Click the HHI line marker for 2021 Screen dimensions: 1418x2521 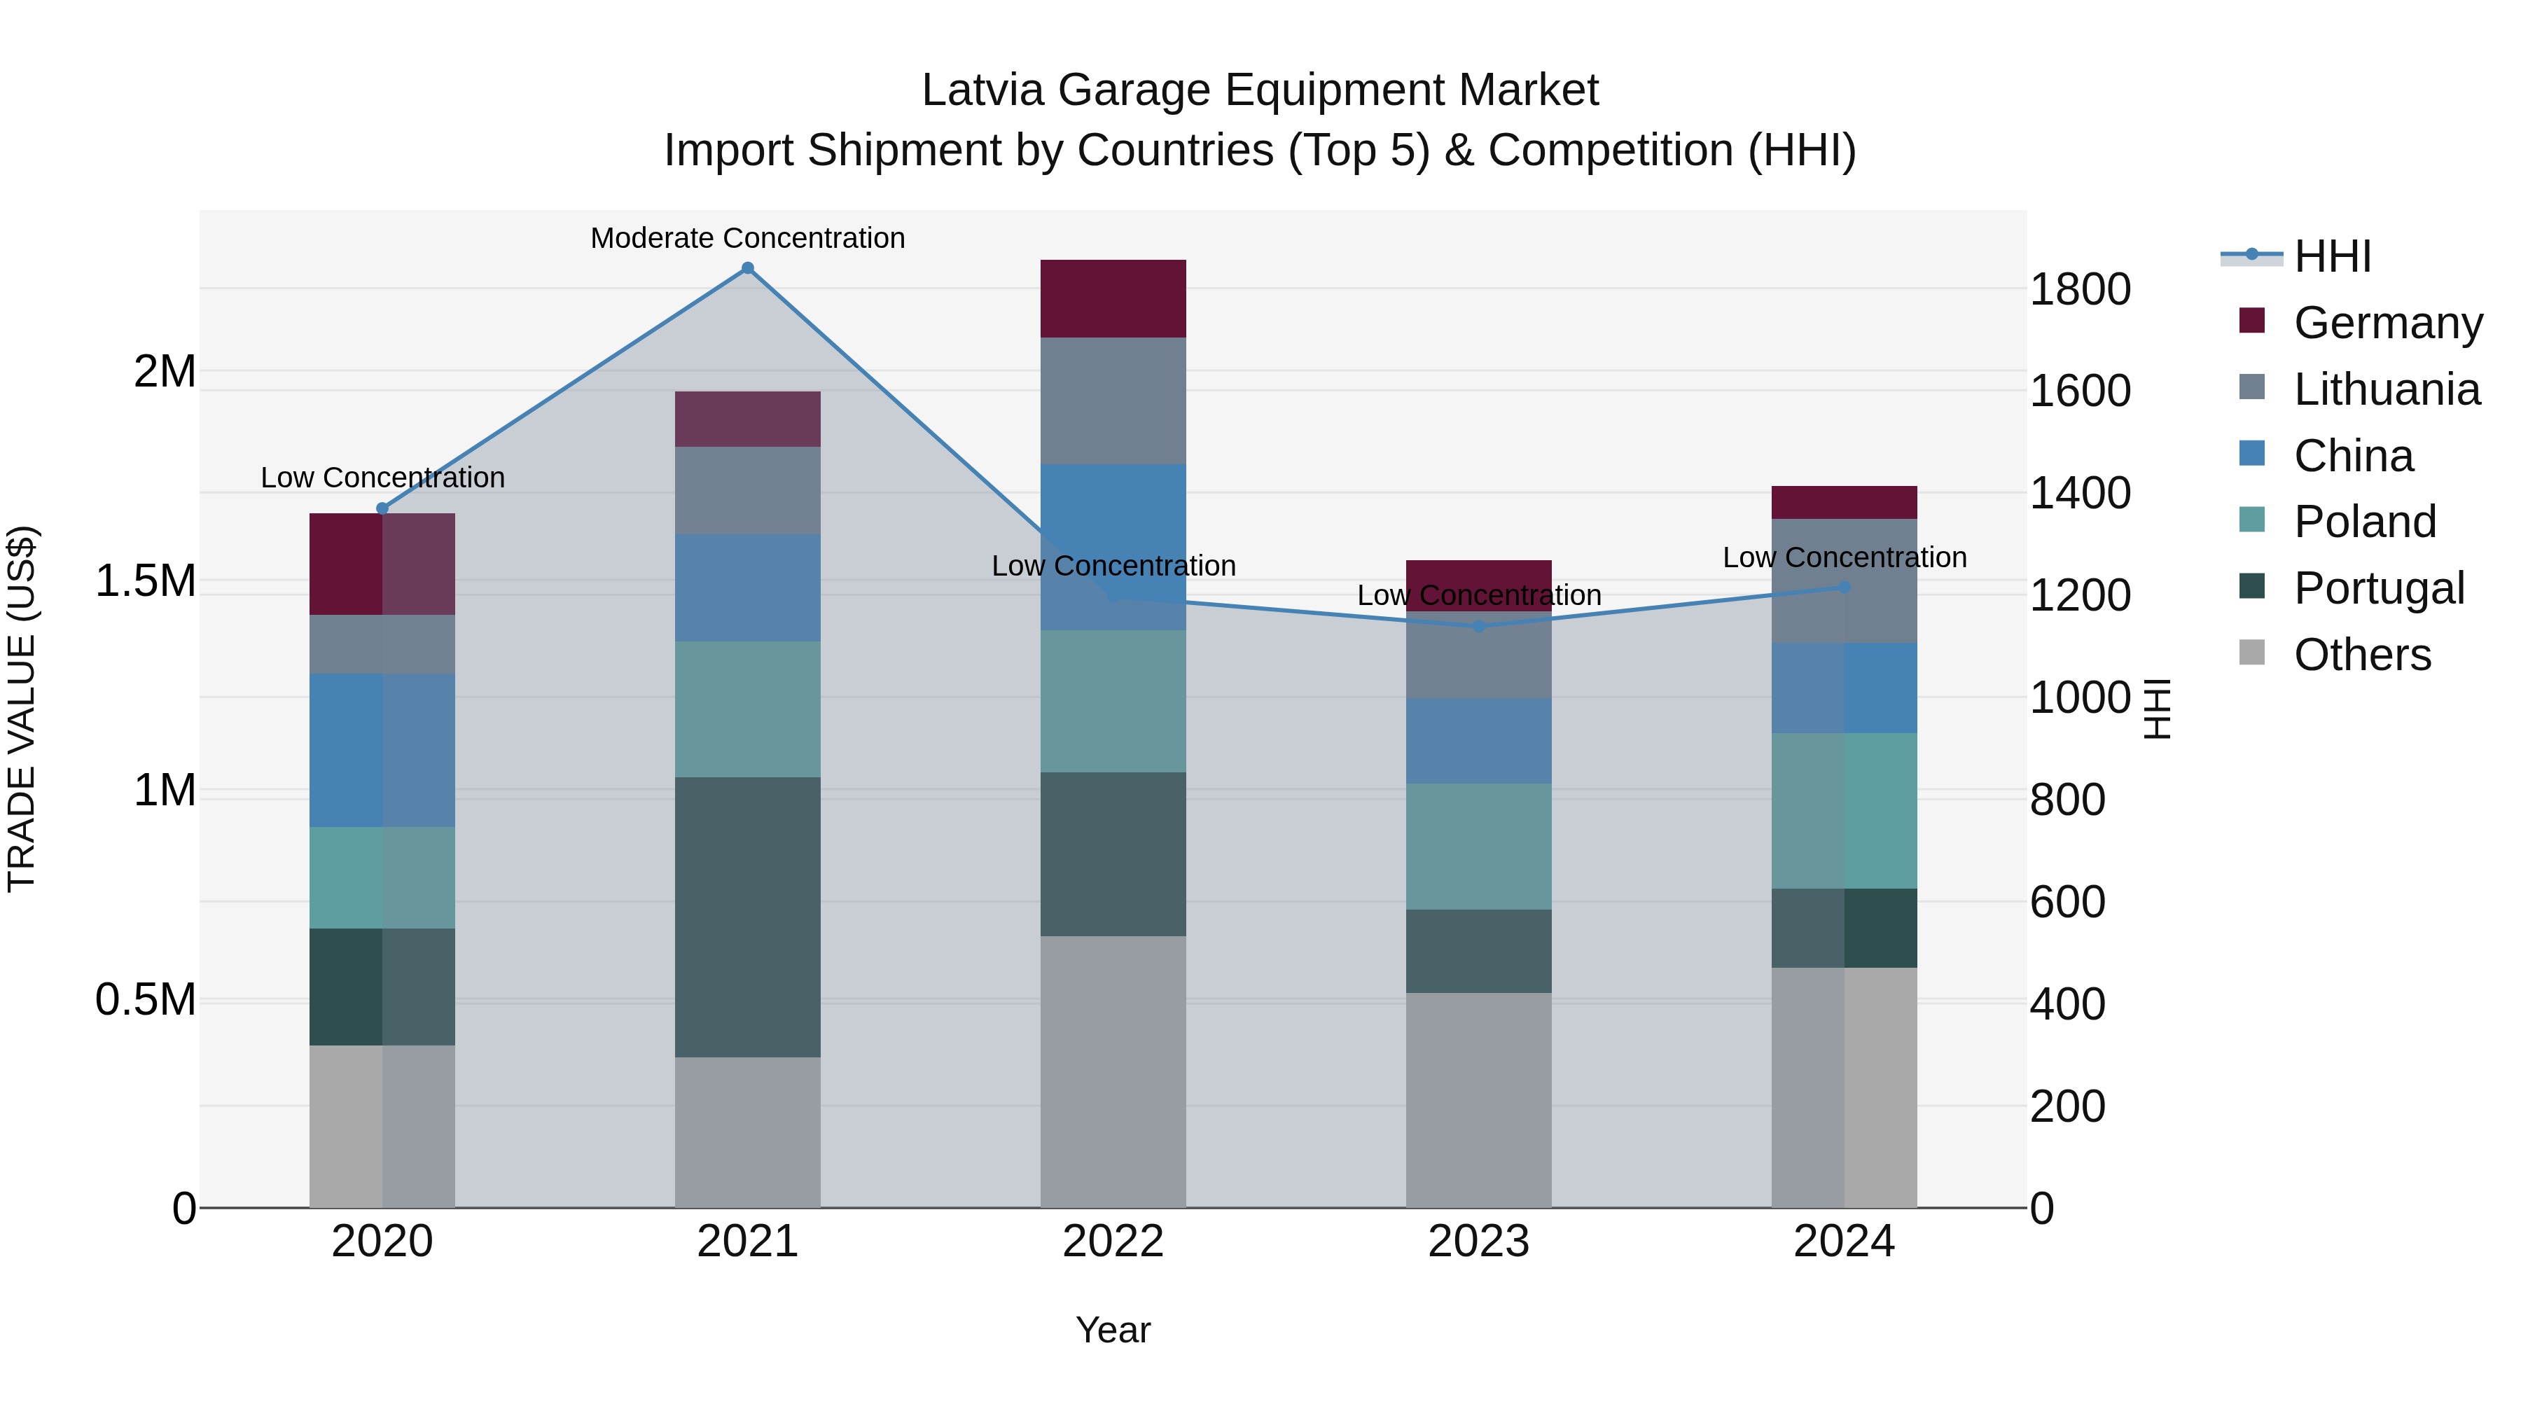748,268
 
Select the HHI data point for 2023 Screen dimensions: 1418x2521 1479,626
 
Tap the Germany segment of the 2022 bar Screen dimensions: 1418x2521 1113,298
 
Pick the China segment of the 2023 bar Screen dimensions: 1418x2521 1479,741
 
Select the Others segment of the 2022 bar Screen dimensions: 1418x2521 1113,1071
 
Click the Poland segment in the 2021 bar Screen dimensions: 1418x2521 748,709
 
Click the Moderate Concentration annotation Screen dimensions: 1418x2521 748,238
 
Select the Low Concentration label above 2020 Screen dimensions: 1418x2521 382,478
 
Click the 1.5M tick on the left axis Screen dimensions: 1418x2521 145,581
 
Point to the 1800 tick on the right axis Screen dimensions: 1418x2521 2080,290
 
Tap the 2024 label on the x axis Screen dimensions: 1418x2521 1844,1242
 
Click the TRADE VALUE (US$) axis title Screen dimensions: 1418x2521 22,709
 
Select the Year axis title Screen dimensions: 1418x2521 1113,1330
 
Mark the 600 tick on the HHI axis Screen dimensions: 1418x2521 2067,901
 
